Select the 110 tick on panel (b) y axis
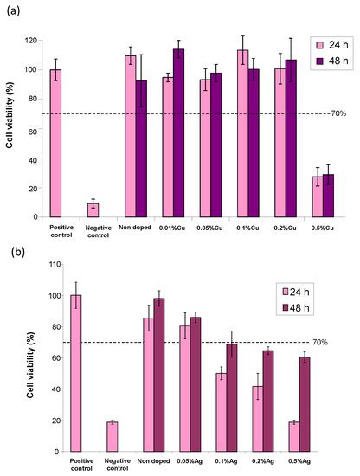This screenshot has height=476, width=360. pos(36,264)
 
